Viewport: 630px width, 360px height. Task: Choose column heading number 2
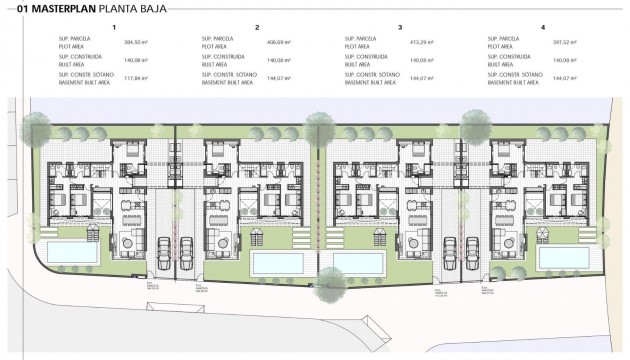(257, 27)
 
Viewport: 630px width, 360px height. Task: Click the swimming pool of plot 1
(64, 249)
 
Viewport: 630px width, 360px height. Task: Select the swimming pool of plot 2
(274, 263)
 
